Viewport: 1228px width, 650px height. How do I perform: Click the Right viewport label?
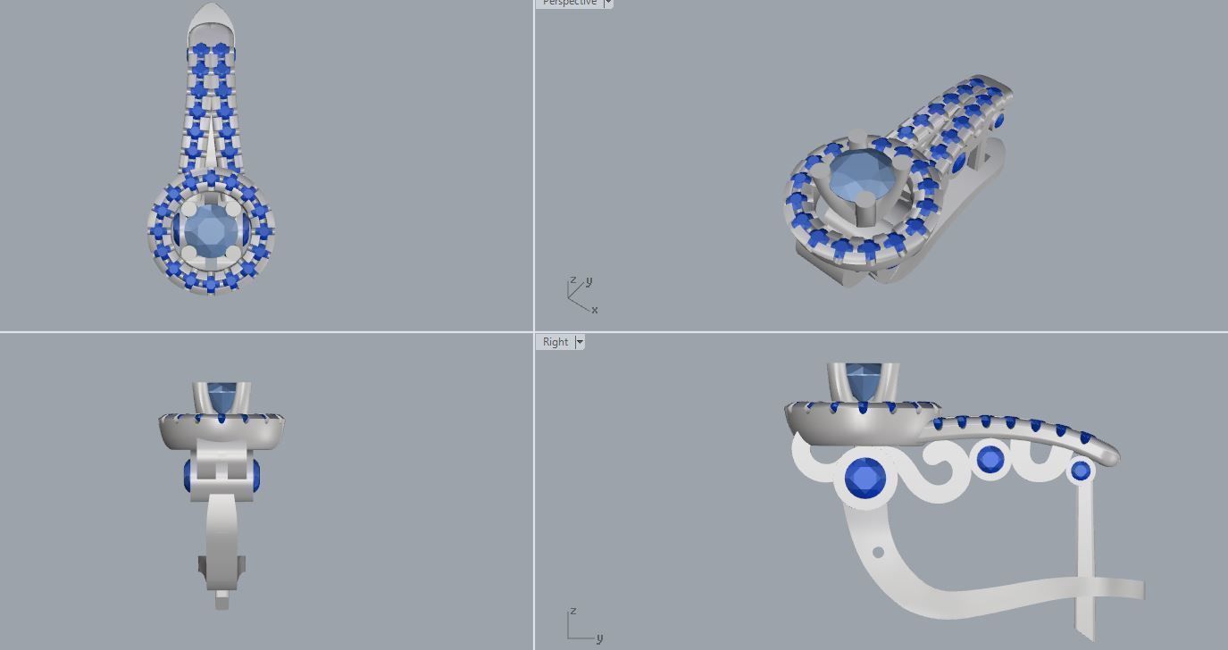pyautogui.click(x=555, y=342)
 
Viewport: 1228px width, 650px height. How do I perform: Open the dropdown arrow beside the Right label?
pyautogui.click(x=580, y=342)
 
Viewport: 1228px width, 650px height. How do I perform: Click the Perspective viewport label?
pyautogui.click(x=569, y=3)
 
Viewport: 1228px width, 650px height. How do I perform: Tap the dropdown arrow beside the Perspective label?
pyautogui.click(x=608, y=3)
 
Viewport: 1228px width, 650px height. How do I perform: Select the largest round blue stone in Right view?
pyautogui.click(x=865, y=479)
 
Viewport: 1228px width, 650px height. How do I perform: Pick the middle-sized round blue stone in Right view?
pyautogui.click(x=990, y=459)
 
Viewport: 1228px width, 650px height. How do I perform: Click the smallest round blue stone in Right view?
pyautogui.click(x=1081, y=470)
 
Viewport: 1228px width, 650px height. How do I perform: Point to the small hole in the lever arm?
pyautogui.click(x=878, y=553)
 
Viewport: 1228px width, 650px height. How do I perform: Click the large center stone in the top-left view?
pyautogui.click(x=210, y=230)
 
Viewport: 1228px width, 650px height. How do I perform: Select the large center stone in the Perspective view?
pyautogui.click(x=856, y=177)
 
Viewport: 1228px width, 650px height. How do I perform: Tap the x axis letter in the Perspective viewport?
pyautogui.click(x=594, y=310)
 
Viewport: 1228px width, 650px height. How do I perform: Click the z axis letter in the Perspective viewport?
pyautogui.click(x=572, y=280)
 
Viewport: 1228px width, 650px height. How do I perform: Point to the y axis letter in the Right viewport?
pyautogui.click(x=599, y=637)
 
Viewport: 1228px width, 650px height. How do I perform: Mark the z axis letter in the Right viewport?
pyautogui.click(x=572, y=612)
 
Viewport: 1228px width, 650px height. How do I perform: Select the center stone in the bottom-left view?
pyautogui.click(x=221, y=394)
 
